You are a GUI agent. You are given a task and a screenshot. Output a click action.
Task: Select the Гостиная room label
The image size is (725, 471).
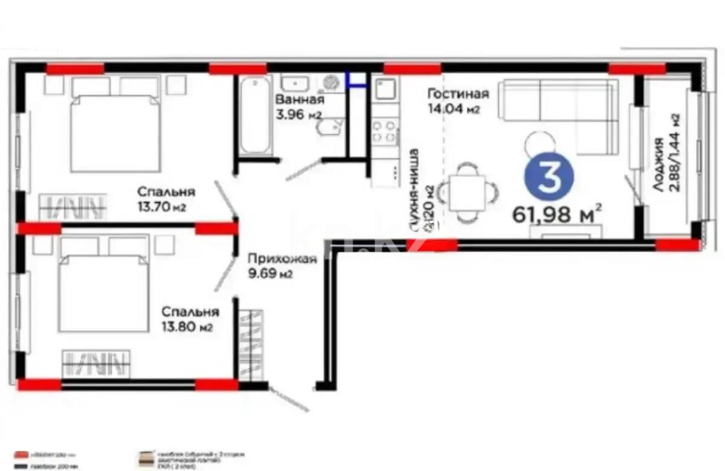tap(457, 94)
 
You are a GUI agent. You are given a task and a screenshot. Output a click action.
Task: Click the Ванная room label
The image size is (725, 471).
tap(300, 100)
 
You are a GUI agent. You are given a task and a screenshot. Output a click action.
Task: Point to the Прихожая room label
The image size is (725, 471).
tap(282, 260)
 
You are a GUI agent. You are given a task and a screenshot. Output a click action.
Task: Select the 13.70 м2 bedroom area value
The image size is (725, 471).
tap(161, 207)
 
